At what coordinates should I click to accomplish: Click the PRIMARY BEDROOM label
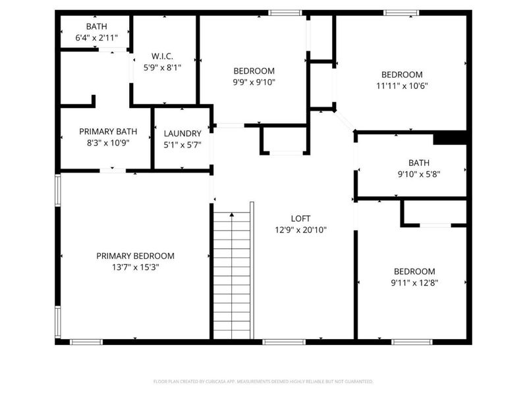point(135,256)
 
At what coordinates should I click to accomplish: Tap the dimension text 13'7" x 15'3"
point(135,267)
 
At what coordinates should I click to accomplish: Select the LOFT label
point(300,219)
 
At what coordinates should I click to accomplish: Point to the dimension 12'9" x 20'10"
point(300,230)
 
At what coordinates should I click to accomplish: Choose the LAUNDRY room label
point(182,134)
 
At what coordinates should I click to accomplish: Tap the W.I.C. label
point(162,55)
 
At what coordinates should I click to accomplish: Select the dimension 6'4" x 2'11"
point(96,38)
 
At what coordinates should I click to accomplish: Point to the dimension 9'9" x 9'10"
point(254,82)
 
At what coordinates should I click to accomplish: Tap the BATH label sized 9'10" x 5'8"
point(418,162)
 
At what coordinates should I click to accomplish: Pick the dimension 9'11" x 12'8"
point(414,282)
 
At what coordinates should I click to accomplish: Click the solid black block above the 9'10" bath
point(450,138)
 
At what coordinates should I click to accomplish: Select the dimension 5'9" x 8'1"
point(162,66)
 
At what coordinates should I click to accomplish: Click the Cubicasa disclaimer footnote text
point(263,381)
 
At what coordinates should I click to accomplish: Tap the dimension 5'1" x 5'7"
point(182,145)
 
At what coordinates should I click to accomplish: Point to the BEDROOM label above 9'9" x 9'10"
point(254,71)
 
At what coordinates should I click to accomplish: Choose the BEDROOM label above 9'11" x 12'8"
point(414,271)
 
